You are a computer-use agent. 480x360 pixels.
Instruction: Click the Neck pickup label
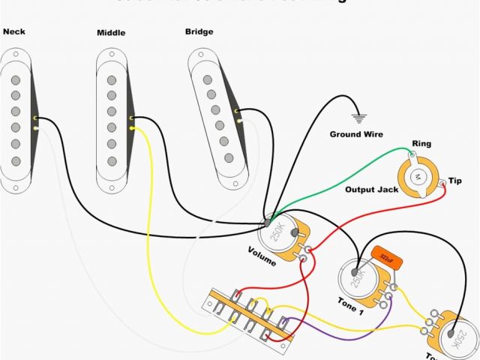(15, 32)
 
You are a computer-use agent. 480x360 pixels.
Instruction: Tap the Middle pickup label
(111, 34)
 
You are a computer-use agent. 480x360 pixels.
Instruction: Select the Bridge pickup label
(199, 32)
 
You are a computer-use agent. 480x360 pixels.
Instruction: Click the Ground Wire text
(356, 134)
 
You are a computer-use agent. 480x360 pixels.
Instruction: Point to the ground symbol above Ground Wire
(359, 118)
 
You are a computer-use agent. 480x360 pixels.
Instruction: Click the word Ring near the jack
(421, 143)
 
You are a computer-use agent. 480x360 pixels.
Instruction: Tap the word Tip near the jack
(455, 181)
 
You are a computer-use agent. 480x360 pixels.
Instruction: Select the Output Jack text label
(370, 190)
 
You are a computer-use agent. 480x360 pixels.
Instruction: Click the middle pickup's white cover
(110, 120)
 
